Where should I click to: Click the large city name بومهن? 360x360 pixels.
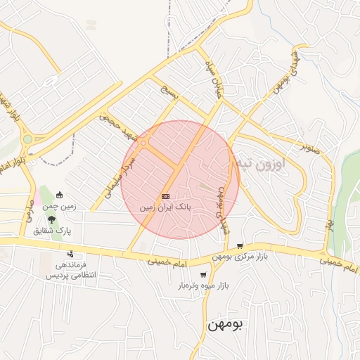(x=226, y=326)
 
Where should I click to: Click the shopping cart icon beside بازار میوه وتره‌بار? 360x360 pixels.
(x=203, y=275)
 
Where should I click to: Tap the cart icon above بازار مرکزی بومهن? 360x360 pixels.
(x=240, y=246)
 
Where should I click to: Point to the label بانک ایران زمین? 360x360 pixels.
(x=165, y=207)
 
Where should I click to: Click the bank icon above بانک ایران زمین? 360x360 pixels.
(x=165, y=196)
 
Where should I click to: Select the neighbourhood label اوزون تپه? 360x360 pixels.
(x=271, y=165)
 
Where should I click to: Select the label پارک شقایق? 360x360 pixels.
(x=57, y=231)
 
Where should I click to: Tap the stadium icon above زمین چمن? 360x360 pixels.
(x=59, y=195)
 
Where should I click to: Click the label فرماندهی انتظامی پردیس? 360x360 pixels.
(x=70, y=271)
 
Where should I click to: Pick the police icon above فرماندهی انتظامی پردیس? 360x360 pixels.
(x=70, y=255)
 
